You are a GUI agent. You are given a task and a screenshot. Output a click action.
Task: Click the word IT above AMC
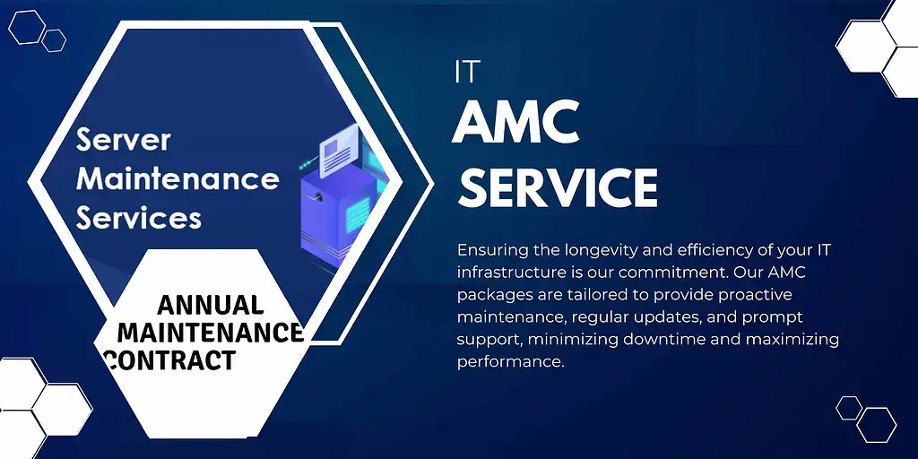tap(466, 72)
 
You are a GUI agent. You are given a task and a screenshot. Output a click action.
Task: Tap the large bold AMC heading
tap(515, 124)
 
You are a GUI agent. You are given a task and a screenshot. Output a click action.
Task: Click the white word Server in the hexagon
tap(123, 140)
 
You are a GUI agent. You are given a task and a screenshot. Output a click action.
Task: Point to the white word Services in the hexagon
tap(138, 217)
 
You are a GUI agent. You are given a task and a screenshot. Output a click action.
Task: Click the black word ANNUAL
tap(211, 305)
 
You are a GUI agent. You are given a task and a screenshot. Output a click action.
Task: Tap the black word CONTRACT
tap(170, 360)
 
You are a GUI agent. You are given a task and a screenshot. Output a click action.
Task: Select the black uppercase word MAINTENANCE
tap(211, 333)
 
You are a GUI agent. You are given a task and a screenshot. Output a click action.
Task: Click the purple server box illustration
tap(336, 211)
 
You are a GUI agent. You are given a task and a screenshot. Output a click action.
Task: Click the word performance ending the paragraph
tap(509, 362)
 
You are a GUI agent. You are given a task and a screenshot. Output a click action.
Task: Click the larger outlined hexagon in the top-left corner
tap(27, 27)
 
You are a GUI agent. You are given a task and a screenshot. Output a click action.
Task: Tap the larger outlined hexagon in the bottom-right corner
tap(876, 423)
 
